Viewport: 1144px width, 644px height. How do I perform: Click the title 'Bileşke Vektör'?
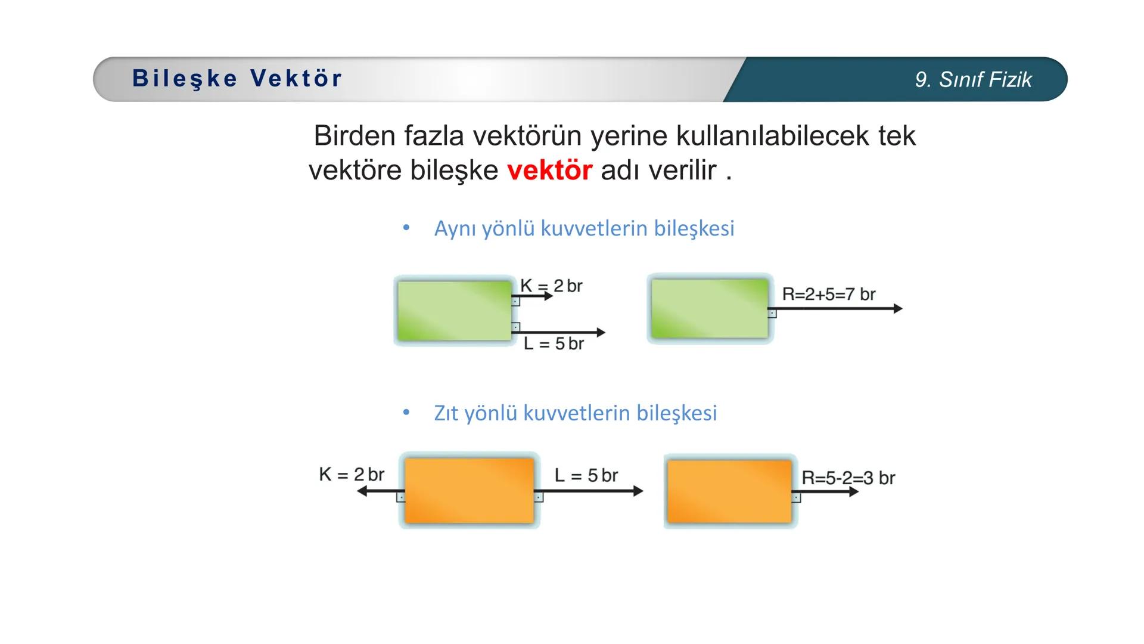pos(237,78)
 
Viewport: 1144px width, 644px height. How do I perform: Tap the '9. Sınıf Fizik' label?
pos(973,80)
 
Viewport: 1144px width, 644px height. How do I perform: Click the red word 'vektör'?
pos(549,171)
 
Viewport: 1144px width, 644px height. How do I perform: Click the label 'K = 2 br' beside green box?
pos(551,286)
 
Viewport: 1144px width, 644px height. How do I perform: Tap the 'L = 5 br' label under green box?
pos(554,343)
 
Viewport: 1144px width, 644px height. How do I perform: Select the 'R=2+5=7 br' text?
pos(828,294)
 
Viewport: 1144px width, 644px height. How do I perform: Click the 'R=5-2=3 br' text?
pos(848,478)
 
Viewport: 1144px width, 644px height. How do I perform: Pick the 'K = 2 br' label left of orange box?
pos(352,474)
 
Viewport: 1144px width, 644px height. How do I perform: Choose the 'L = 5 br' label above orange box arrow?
pos(586,475)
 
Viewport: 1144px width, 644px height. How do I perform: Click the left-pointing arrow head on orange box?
pos(362,491)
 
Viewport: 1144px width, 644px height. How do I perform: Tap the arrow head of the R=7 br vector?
pos(898,308)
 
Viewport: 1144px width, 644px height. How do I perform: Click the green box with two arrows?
pos(454,311)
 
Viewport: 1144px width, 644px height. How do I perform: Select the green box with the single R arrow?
pos(709,309)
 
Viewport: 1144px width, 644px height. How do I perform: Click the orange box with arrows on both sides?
pos(469,491)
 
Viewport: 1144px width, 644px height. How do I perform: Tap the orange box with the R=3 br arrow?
pos(729,491)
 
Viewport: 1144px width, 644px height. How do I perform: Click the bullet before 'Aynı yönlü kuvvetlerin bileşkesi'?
pos(406,228)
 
